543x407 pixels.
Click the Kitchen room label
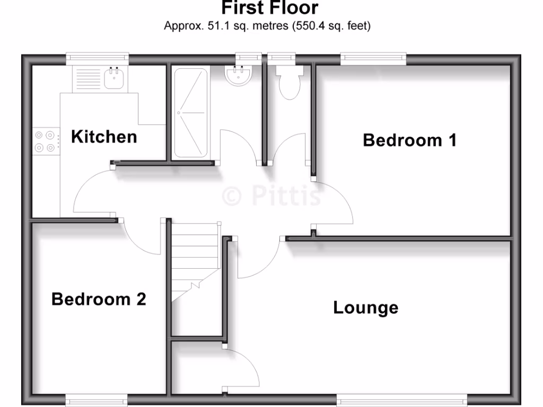point(104,137)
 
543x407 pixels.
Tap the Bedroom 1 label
point(409,140)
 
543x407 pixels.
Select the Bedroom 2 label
point(99,299)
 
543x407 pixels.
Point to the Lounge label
point(365,307)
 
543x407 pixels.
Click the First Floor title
point(269,8)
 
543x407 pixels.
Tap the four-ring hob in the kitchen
point(45,141)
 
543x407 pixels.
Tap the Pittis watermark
point(271,196)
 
